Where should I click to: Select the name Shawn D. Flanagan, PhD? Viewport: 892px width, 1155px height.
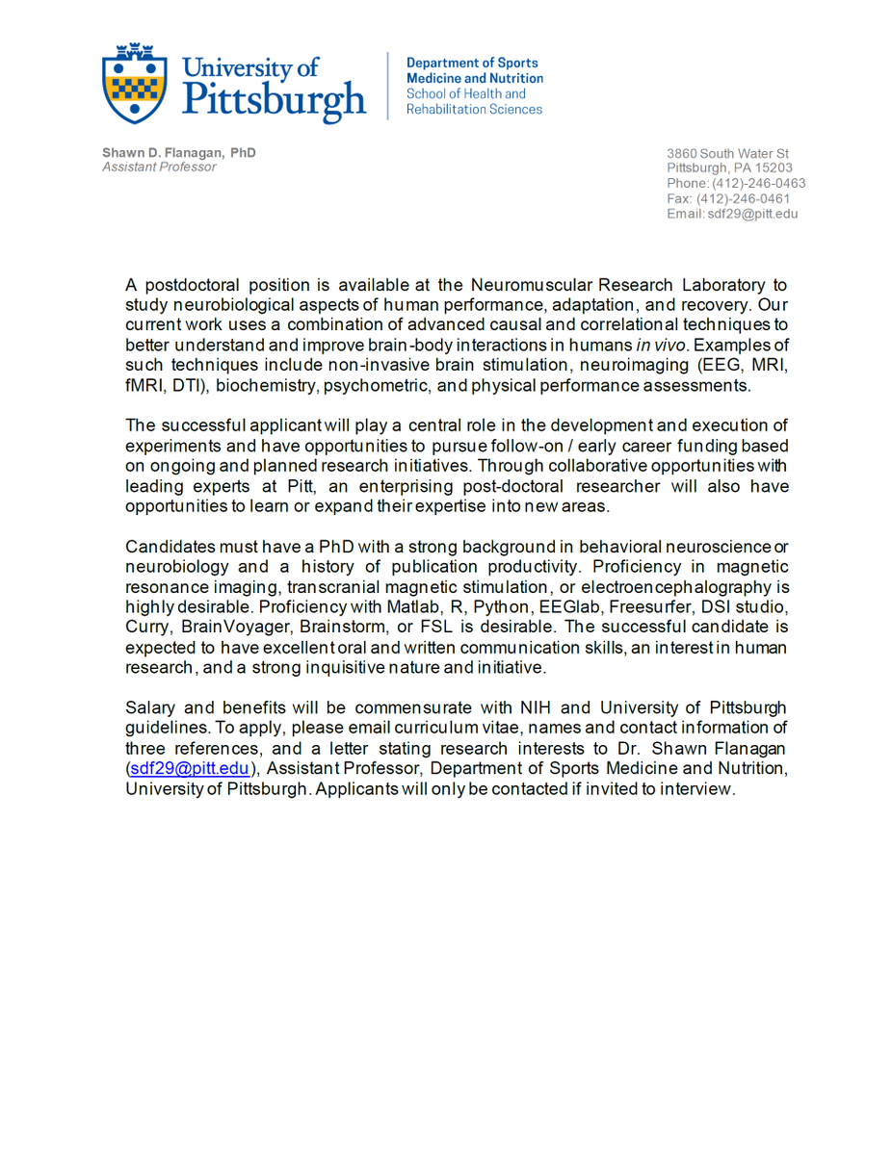pyautogui.click(x=179, y=153)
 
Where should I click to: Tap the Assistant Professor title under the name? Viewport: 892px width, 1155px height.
pyautogui.click(x=159, y=167)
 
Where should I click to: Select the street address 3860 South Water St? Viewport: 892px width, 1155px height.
pyautogui.click(x=728, y=154)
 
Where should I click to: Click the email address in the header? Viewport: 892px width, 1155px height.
pyautogui.click(x=753, y=214)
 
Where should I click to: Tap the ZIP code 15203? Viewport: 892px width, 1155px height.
pyautogui.click(x=775, y=168)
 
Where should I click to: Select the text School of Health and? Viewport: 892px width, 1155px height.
pyautogui.click(x=465, y=94)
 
